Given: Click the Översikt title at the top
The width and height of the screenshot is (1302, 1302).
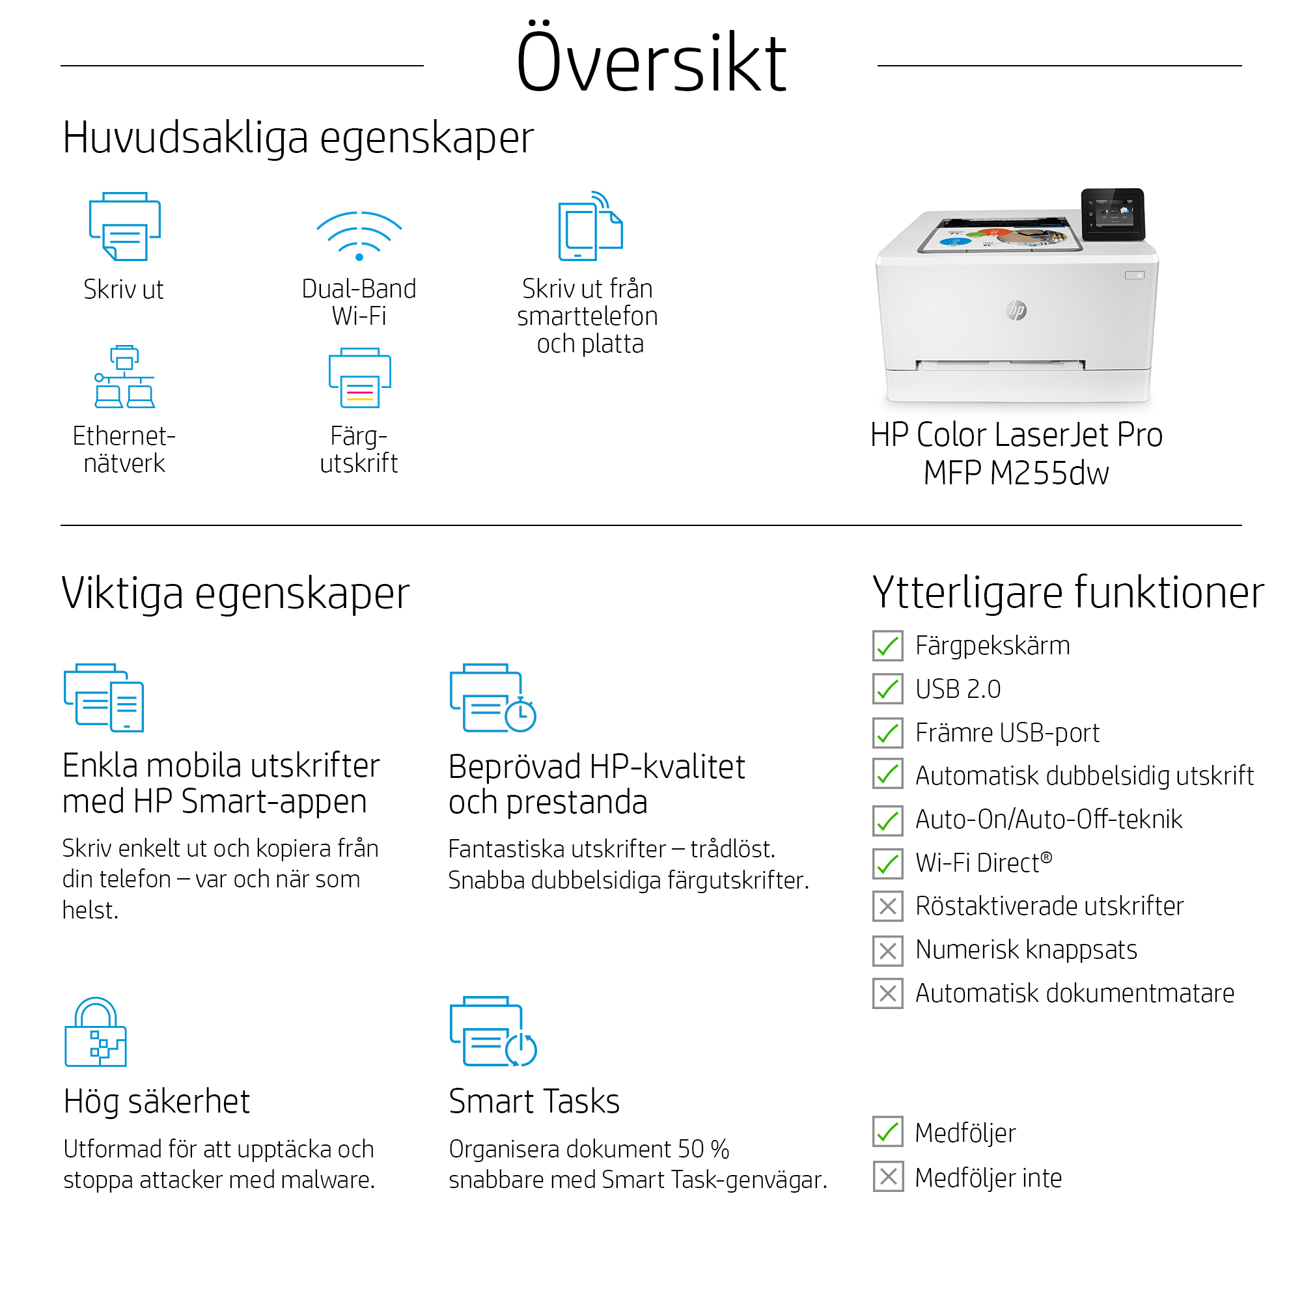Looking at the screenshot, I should pyautogui.click(x=651, y=62).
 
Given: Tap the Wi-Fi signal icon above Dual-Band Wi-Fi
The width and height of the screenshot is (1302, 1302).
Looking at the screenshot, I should pyautogui.click(x=359, y=236).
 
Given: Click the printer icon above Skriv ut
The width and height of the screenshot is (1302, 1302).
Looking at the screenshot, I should pyautogui.click(x=125, y=227).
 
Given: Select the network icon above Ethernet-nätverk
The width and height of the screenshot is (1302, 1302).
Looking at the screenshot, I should pyautogui.click(x=125, y=377).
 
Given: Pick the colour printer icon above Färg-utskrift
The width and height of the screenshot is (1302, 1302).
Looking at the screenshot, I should pyautogui.click(x=359, y=378).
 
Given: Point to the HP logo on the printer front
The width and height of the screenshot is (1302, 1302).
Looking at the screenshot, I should pyautogui.click(x=1016, y=310).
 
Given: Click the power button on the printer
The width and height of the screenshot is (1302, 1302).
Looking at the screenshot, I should pyautogui.click(x=1135, y=275).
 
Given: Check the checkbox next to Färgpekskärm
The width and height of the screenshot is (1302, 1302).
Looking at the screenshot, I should pyautogui.click(x=887, y=646).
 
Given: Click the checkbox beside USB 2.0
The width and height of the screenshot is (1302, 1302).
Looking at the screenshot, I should pyautogui.click(x=887, y=689).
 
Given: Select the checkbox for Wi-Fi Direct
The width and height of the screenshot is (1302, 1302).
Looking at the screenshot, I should pyautogui.click(x=887, y=863).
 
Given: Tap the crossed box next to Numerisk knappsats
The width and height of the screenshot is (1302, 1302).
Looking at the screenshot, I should pyautogui.click(x=887, y=950).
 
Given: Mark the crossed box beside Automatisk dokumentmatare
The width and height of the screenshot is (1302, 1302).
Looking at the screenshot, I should pyautogui.click(x=887, y=993).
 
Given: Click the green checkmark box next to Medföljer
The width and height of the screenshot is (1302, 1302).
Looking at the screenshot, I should pyautogui.click(x=887, y=1132).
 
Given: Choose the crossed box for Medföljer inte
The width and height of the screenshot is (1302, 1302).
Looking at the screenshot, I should pyautogui.click(x=887, y=1176).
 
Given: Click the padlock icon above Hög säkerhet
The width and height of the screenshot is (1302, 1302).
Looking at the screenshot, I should pyautogui.click(x=96, y=1032).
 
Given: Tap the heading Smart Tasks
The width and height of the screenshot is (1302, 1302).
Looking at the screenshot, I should pyautogui.click(x=534, y=1102).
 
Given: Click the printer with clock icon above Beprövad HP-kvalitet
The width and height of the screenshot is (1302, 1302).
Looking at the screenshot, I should pyautogui.click(x=493, y=698).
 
